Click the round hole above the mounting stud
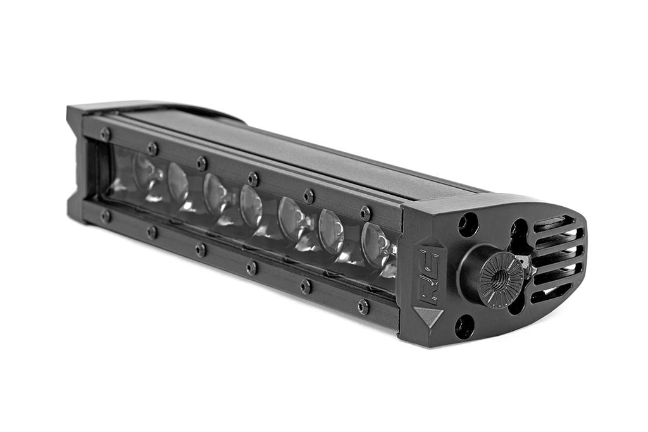pyautogui.click(x=468, y=225)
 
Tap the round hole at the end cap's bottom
pyautogui.click(x=464, y=326)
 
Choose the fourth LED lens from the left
pyautogui.click(x=251, y=206)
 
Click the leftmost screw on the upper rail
pyautogui.click(x=105, y=134)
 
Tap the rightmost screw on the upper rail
pyautogui.click(x=365, y=213)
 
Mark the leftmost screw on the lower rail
pyautogui.click(x=105, y=216)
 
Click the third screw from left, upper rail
pyautogui.click(x=201, y=163)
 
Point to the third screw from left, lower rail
pyautogui.click(x=201, y=249)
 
